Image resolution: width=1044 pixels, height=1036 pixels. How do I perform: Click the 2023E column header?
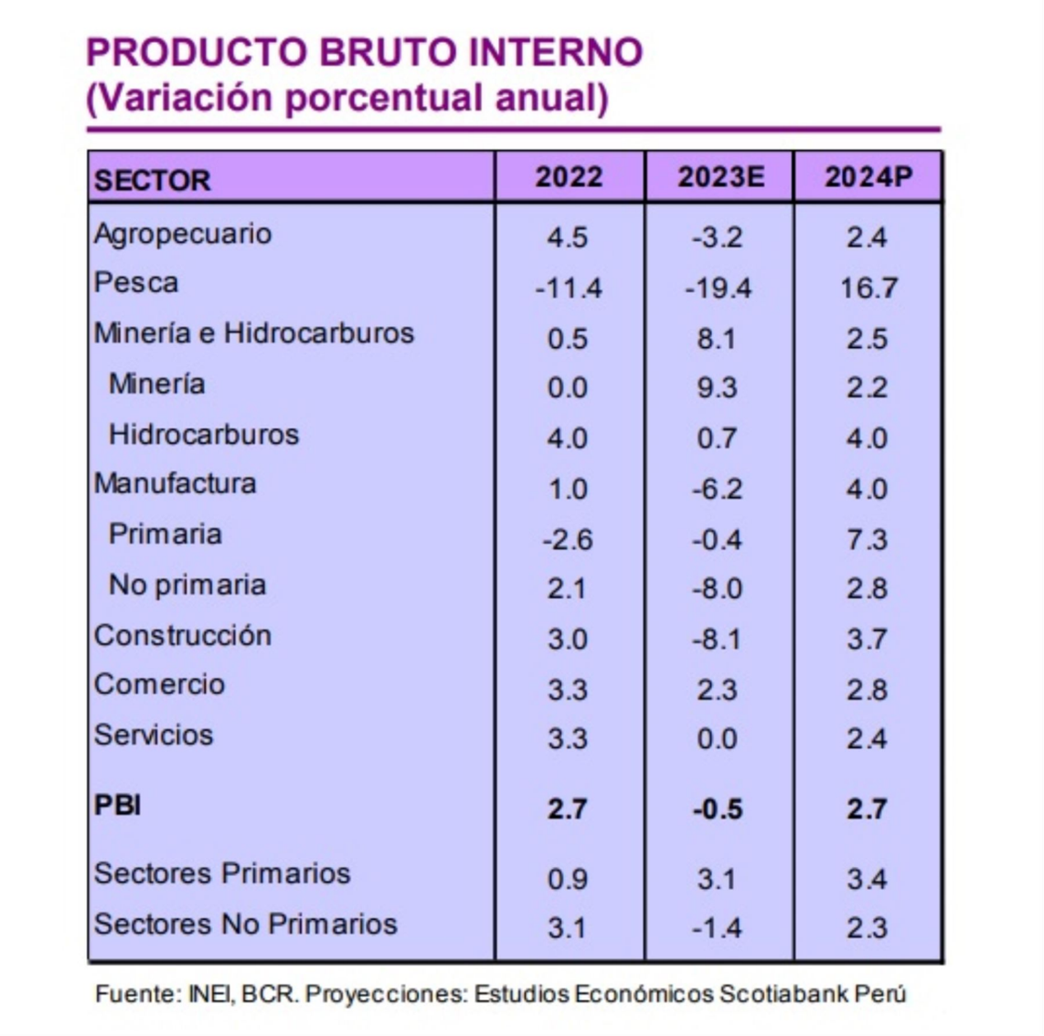point(720,176)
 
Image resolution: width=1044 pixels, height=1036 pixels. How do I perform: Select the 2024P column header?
point(868,176)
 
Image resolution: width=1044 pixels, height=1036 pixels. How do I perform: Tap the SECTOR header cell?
point(152,180)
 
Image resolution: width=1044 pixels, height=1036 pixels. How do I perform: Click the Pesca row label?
point(136,283)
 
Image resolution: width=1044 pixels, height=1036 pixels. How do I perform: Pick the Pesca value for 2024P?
point(868,289)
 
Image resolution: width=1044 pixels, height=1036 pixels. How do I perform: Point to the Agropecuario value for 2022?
point(567,238)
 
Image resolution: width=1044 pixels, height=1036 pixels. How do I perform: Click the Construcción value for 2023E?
point(718,640)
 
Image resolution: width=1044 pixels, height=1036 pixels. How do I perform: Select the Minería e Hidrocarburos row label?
point(253,333)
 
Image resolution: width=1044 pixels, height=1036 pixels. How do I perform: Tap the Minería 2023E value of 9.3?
point(717,388)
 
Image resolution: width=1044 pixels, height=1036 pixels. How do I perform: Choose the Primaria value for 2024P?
point(867,539)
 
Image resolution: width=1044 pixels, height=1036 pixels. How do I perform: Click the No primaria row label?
point(187,585)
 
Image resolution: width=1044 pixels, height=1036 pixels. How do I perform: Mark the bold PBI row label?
point(117,806)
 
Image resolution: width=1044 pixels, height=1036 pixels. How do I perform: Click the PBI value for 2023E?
point(718,809)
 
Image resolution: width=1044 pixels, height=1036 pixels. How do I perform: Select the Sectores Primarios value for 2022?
point(567,879)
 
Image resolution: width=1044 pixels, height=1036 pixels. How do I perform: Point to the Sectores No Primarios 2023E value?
point(718,929)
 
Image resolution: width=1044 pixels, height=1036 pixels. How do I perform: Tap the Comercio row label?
point(159,685)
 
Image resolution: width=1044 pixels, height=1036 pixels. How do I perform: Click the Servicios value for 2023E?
point(717,738)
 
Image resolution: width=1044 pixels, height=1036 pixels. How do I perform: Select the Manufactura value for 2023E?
point(718,490)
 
